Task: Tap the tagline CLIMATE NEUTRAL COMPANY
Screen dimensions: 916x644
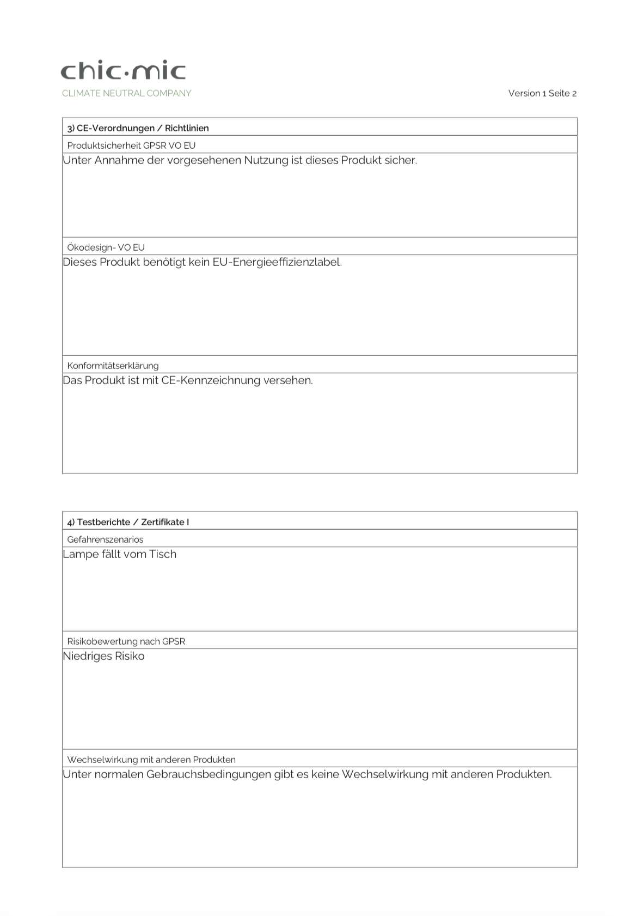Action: [x=126, y=93]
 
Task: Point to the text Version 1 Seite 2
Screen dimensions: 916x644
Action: [x=542, y=93]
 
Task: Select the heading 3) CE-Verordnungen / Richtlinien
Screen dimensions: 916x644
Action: [x=138, y=128]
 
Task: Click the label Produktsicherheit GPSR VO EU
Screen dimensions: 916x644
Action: [x=131, y=145]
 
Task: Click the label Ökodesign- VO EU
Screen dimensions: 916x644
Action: [x=106, y=247]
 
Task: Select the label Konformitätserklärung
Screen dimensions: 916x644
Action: [x=113, y=366]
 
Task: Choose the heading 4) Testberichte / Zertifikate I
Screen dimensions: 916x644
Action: [x=128, y=522]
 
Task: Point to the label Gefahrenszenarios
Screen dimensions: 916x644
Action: [x=105, y=539]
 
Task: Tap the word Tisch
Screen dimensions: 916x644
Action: [x=163, y=554]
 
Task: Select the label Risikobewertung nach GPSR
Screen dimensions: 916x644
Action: [x=126, y=641]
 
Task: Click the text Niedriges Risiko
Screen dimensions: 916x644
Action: [x=103, y=656]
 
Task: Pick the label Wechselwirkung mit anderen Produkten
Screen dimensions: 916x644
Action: [x=151, y=760]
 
